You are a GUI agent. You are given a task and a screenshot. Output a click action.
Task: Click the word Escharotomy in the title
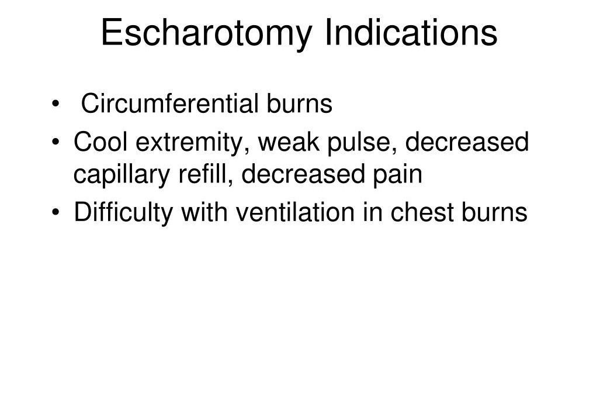pyautogui.click(x=206, y=33)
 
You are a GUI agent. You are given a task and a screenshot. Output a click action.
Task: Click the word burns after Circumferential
pyautogui.click(x=299, y=103)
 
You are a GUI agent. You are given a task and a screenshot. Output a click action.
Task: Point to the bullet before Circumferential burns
pyautogui.click(x=56, y=104)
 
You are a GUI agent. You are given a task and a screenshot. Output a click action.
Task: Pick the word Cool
pyautogui.click(x=100, y=142)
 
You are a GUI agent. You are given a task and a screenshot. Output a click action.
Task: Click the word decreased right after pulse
pyautogui.click(x=467, y=142)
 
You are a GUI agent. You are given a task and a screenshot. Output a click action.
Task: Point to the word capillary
pyautogui.click(x=122, y=175)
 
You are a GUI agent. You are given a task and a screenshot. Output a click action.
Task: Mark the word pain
pyautogui.click(x=397, y=175)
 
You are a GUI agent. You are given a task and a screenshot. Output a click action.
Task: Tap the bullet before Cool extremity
pyautogui.click(x=56, y=142)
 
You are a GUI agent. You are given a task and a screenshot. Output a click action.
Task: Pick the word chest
pyautogui.click(x=422, y=212)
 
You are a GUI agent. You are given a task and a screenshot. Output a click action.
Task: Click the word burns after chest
pyautogui.click(x=494, y=212)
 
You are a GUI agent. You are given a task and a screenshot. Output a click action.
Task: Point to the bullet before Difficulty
pyautogui.click(x=56, y=212)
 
